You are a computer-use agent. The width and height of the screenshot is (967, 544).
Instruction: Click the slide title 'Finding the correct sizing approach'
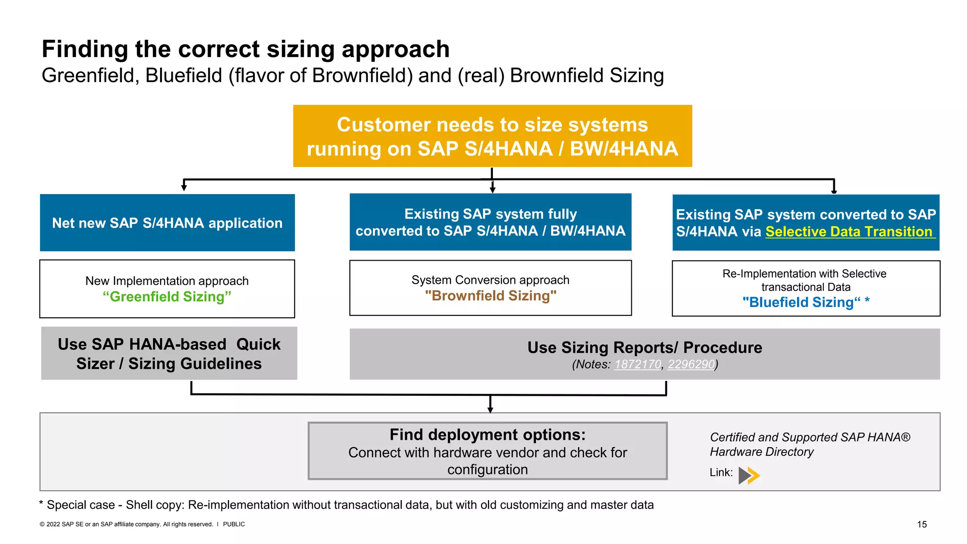(246, 49)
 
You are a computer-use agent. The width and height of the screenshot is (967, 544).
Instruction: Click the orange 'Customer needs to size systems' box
(492, 136)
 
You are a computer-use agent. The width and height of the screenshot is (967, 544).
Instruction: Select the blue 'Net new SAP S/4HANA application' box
(167, 223)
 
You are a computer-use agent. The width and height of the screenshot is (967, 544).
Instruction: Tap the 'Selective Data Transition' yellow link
(849, 232)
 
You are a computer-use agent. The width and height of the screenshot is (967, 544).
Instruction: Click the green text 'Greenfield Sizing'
(167, 297)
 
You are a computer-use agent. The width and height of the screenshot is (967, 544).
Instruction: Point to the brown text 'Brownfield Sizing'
(491, 296)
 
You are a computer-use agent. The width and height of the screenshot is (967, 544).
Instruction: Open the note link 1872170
(637, 365)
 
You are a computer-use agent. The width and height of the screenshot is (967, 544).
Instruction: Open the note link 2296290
(691, 365)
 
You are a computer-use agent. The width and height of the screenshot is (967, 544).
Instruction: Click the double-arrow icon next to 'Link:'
(749, 475)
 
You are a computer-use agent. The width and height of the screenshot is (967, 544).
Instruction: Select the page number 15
(922, 524)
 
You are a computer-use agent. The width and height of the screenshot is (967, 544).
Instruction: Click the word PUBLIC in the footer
(234, 524)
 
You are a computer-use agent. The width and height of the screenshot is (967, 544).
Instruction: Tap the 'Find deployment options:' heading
(487, 434)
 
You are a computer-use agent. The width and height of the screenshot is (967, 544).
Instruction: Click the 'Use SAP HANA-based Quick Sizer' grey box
(169, 354)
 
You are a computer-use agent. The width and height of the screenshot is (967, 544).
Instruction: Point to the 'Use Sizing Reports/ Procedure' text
(645, 348)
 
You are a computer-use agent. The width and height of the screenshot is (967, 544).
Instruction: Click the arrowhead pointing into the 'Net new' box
(184, 188)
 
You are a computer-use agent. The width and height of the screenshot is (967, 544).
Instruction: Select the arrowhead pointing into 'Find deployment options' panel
(490, 410)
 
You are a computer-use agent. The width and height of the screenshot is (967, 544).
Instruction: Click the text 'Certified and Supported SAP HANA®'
(810, 437)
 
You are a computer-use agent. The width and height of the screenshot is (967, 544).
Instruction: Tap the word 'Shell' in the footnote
(139, 505)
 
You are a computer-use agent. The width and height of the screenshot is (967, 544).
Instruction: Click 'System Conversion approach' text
(490, 280)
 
